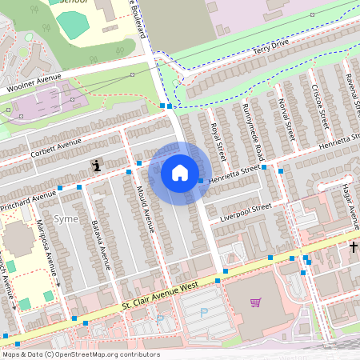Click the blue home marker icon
(x=180, y=172)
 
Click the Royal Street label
(x=217, y=139)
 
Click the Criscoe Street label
(x=320, y=107)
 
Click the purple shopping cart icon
(x=255, y=302)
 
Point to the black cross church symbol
(x=354, y=248)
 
